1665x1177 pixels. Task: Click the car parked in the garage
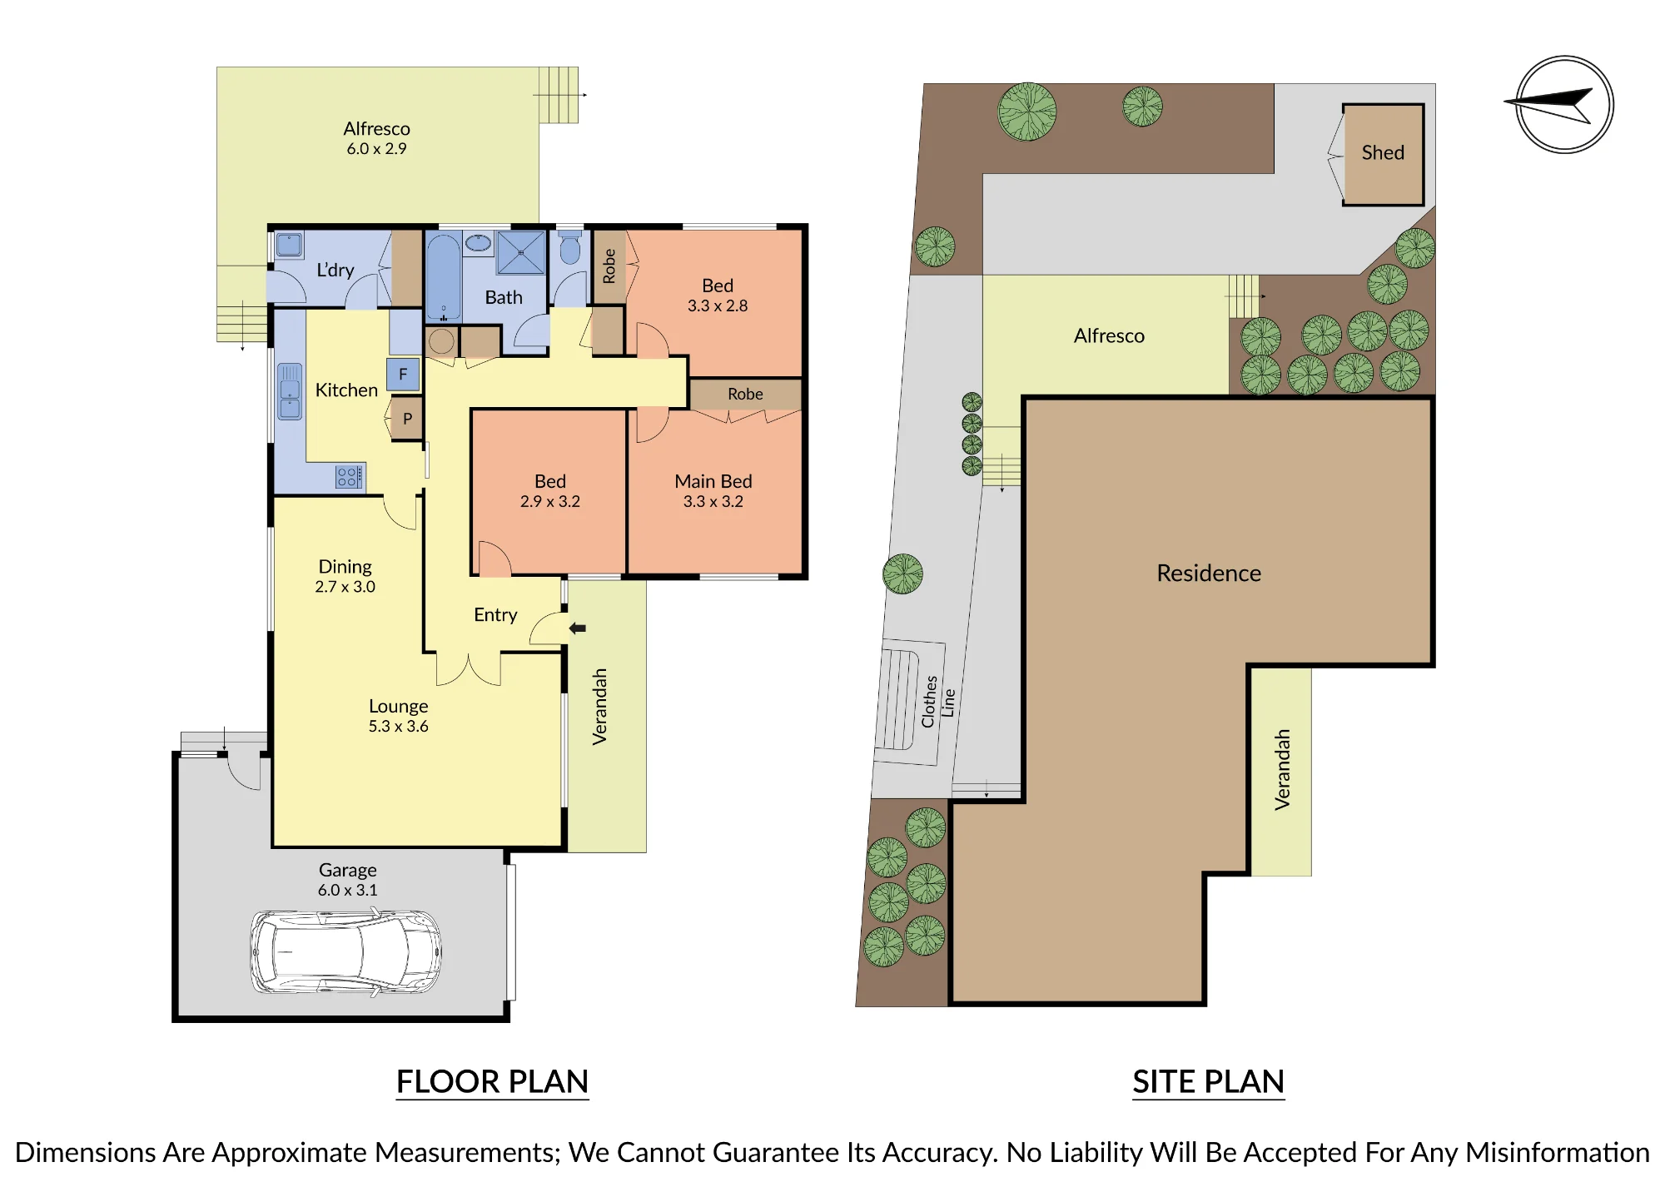[346, 951]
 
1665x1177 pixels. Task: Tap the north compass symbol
[1564, 105]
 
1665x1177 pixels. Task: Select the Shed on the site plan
[1383, 154]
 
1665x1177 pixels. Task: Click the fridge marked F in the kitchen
[403, 375]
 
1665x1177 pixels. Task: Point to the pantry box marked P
[407, 419]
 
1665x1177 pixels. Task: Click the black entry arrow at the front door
[578, 628]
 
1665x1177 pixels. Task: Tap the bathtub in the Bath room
[444, 276]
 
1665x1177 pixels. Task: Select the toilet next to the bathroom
[570, 246]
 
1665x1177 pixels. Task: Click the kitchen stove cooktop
[350, 477]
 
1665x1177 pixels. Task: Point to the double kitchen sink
[290, 390]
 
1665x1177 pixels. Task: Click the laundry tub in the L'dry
[289, 246]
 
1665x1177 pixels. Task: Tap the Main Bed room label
[713, 481]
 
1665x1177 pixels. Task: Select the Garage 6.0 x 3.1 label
[348, 880]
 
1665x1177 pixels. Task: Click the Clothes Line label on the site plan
[937, 702]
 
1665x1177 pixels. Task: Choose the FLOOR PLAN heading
[492, 1081]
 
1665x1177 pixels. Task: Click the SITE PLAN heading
[1208, 1081]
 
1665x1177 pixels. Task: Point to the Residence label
[1209, 573]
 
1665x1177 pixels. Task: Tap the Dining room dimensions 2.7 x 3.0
[345, 587]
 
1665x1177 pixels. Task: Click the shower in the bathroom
[521, 252]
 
